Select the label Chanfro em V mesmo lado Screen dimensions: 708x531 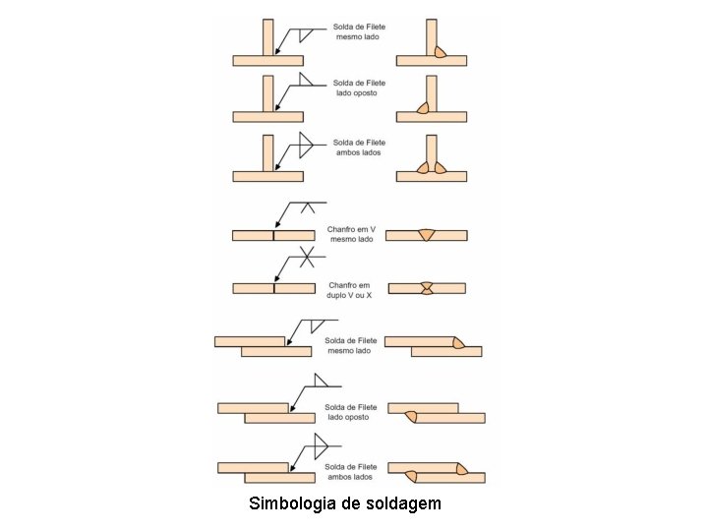click(351, 234)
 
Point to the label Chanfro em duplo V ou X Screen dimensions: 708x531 click(349, 290)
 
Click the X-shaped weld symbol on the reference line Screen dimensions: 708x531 click(307, 257)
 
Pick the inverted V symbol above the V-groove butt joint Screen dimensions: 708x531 click(308, 207)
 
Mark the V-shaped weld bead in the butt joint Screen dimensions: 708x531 click(426, 235)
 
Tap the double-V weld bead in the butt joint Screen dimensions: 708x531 click(427, 288)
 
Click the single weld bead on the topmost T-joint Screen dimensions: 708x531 click(441, 52)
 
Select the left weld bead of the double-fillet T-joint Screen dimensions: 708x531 click(423, 167)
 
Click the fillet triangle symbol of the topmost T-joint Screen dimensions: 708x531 click(306, 35)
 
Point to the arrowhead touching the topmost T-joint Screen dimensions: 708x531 click(278, 50)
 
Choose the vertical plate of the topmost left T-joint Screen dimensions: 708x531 click(267, 37)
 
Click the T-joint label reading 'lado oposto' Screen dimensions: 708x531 click(357, 93)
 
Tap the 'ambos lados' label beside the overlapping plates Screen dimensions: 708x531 click(350, 477)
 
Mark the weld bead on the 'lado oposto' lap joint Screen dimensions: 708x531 click(411, 417)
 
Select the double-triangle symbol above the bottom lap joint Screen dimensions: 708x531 click(321, 446)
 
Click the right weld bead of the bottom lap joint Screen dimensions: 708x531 click(462, 469)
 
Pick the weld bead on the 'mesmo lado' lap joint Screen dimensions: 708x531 click(459, 343)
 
